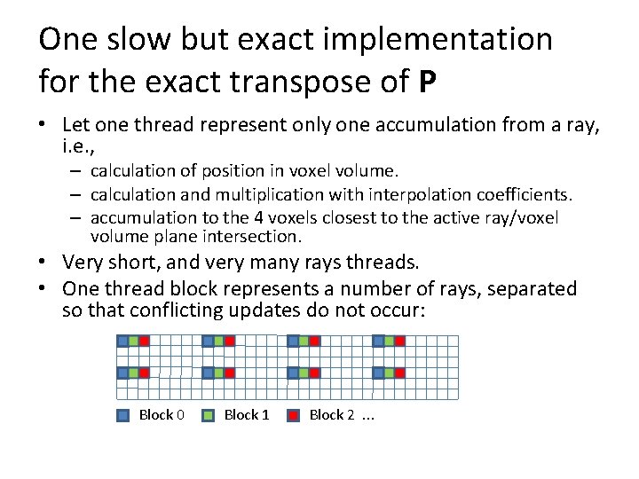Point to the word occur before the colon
point(404,310)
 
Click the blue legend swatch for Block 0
point(123,415)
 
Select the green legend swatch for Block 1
point(209,415)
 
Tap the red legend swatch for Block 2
point(294,415)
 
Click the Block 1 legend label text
point(246,415)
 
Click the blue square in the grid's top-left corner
point(122,341)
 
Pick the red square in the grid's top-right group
point(400,341)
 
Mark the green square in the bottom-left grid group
point(133,373)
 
